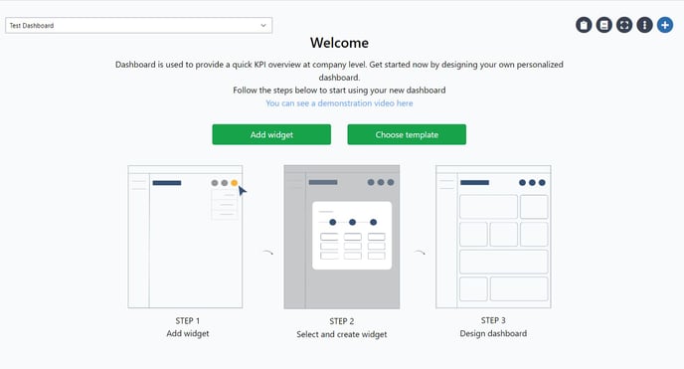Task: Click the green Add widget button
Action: pos(270,134)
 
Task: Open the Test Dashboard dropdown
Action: pos(138,25)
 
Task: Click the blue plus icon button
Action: pos(665,25)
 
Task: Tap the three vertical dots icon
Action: pos(644,25)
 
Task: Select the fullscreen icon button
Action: pos(624,25)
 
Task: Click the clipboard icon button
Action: pos(585,25)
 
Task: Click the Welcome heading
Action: pos(339,43)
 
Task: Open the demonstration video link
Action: pos(339,103)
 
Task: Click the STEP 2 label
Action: pos(341,320)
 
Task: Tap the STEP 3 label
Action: pos(493,320)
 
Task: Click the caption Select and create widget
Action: pos(341,334)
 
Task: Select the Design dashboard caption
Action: pos(493,333)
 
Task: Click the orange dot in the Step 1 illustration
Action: pos(235,183)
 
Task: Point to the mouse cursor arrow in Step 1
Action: pos(242,190)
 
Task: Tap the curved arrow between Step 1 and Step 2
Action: pos(266,253)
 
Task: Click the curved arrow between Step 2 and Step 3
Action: pos(420,253)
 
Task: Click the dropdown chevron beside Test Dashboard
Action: pos(262,25)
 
